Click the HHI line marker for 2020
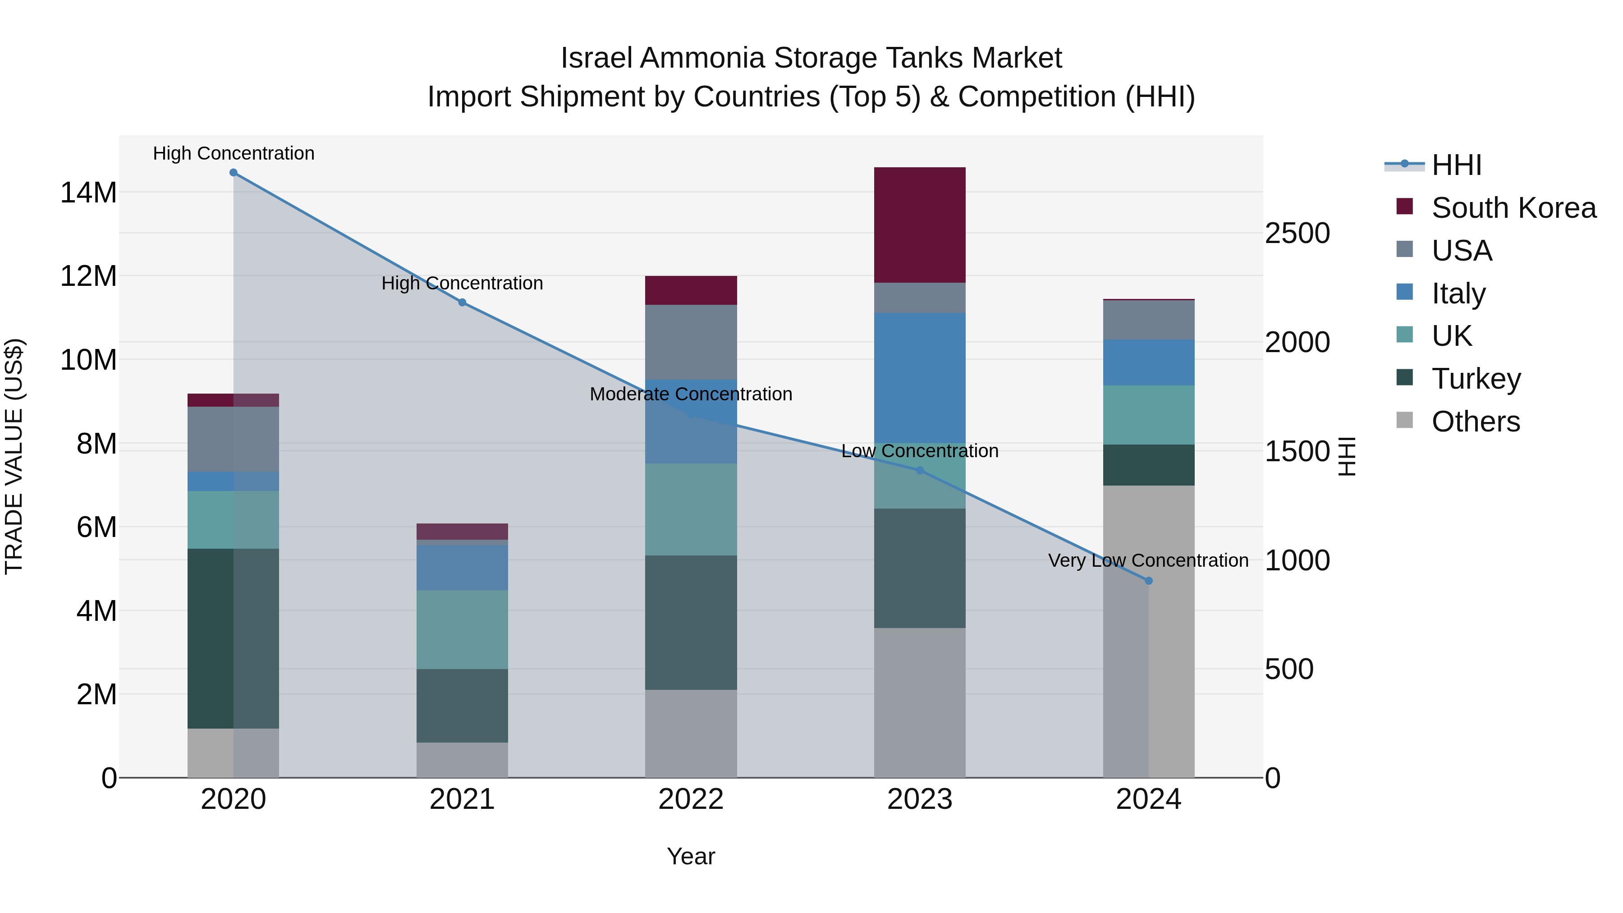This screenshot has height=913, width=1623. point(233,173)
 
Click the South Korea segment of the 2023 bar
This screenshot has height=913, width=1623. point(919,225)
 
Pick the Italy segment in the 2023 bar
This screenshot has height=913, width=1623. point(919,378)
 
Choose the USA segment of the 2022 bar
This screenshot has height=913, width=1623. point(691,342)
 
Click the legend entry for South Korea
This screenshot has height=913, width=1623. point(1513,208)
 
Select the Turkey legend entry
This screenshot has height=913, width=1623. point(1476,379)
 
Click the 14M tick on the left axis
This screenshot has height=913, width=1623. point(88,192)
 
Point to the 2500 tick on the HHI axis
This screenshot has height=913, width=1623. point(1297,233)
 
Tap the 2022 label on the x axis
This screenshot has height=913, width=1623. point(691,799)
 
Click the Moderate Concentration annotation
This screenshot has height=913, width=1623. point(691,395)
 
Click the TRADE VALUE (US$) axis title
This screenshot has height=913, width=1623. point(14,456)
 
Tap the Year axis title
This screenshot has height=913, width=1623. point(691,856)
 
